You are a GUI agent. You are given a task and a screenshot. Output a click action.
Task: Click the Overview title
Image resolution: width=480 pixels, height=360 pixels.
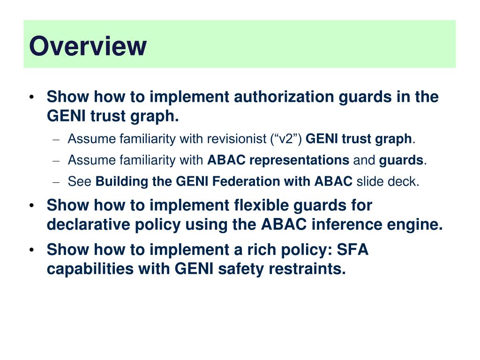click(88, 46)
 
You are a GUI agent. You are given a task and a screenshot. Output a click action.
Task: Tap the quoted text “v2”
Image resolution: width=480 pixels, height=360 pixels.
click(289, 139)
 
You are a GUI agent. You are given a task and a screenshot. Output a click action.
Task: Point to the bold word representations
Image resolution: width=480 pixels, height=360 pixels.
click(299, 160)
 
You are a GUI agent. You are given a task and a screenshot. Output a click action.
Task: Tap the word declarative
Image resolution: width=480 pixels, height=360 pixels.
click(88, 225)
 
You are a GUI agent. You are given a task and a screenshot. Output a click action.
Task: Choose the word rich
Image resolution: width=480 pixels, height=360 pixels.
click(259, 250)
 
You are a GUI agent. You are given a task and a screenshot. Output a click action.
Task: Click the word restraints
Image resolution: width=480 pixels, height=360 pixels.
click(307, 270)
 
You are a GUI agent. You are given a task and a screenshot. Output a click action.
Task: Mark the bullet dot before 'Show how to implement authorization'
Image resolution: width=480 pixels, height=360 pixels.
click(31, 97)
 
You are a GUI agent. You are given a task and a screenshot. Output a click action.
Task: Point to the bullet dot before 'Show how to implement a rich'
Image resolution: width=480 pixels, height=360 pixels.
click(31, 250)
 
